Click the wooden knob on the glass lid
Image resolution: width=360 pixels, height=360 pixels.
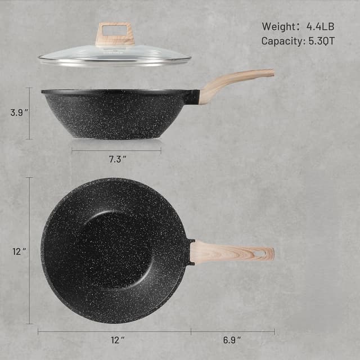(115, 34)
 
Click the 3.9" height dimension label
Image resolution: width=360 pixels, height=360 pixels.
(19, 112)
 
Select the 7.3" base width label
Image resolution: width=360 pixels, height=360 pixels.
(117, 160)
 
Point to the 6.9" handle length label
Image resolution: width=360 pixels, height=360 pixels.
(232, 340)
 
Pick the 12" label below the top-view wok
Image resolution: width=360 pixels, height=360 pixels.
(117, 340)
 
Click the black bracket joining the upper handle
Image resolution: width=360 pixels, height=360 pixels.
(192, 97)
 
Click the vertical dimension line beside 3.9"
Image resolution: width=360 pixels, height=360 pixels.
(30, 113)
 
